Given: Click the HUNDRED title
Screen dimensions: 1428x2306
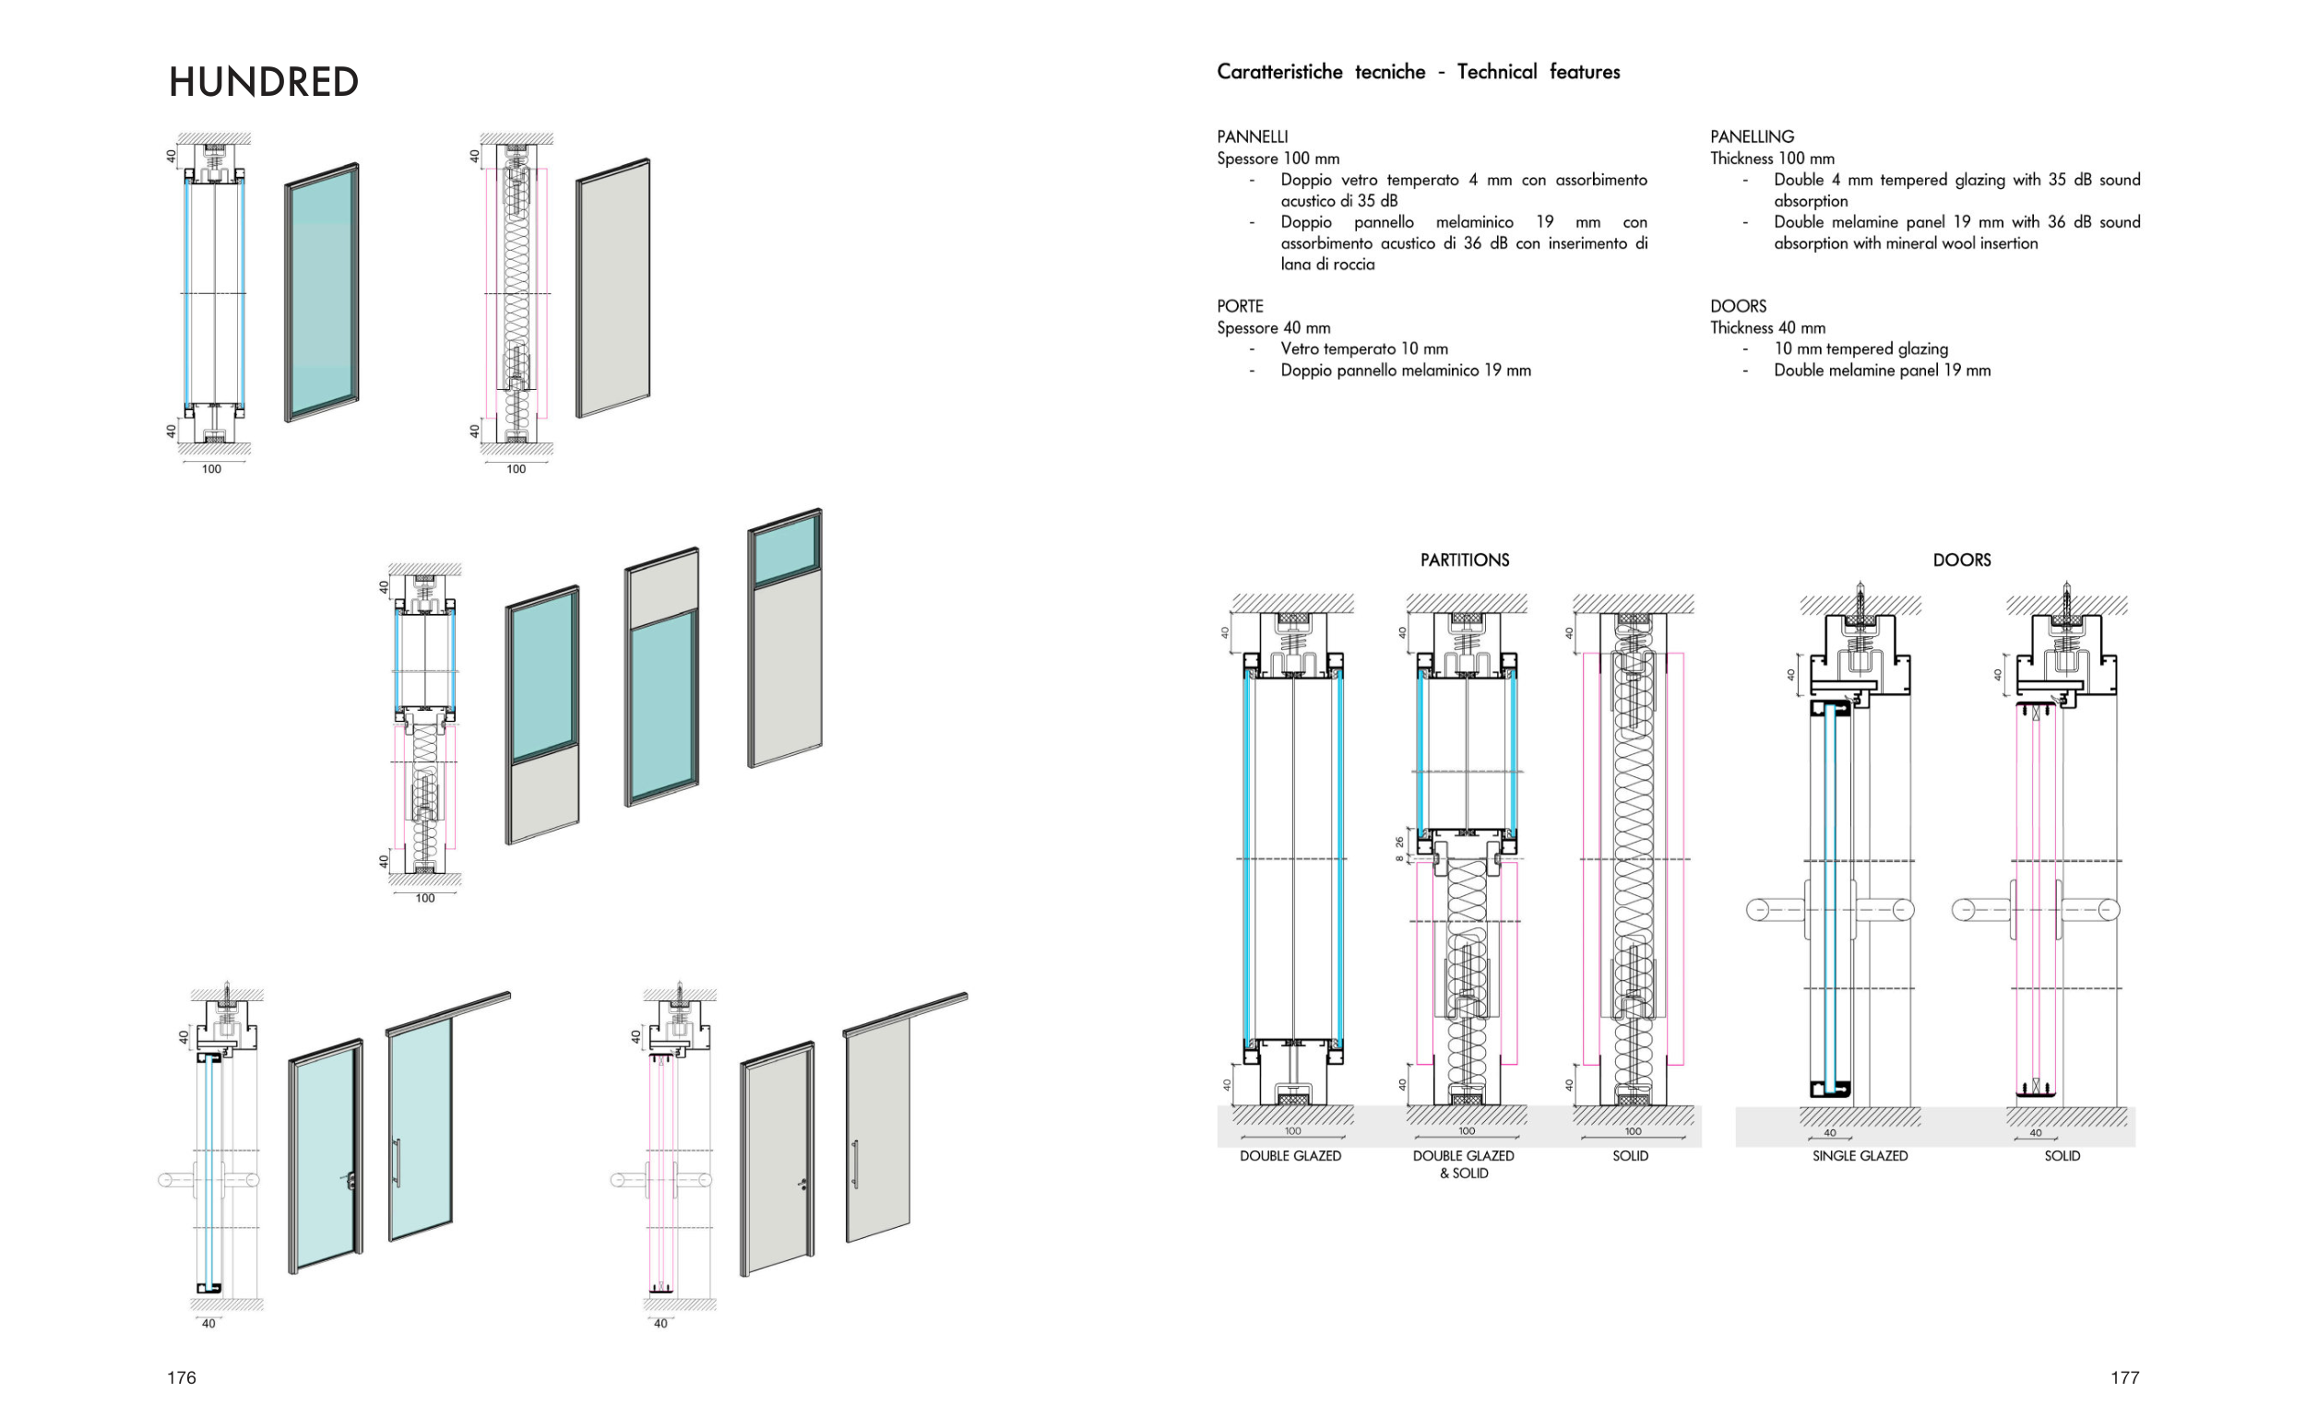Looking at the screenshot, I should point(264,82).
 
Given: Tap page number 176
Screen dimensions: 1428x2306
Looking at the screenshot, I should point(182,1377).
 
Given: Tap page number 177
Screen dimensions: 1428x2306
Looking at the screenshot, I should point(2124,1377).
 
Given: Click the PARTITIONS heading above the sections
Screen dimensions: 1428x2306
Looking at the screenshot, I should point(1464,561).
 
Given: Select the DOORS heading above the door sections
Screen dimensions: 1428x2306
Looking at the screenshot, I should point(1961,561).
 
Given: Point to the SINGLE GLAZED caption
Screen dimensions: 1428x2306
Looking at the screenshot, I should point(1860,1156).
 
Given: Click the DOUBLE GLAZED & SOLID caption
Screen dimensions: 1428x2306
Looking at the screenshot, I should point(1463,1164).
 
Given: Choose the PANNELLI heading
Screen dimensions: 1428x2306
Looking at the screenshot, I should point(1252,137).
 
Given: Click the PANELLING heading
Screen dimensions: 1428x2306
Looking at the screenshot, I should point(1752,137).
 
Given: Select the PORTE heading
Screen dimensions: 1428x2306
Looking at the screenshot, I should point(1240,306).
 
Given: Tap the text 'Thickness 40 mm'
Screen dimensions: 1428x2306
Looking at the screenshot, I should point(1766,327).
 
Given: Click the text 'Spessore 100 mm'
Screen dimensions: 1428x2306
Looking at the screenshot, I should point(1278,159).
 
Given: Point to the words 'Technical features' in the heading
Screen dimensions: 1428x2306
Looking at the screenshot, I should point(1538,72).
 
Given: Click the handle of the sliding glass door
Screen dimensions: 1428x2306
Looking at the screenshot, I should point(397,1162).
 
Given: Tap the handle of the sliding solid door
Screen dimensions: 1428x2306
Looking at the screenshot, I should point(854,1163).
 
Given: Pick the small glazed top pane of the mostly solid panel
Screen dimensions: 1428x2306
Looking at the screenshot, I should point(785,552).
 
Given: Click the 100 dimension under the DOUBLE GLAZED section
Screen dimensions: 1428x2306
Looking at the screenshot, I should point(1292,1130).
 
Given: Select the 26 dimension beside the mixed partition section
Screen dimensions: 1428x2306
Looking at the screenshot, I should point(1399,842).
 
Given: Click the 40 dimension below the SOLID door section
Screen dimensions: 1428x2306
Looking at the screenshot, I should point(2036,1132).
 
